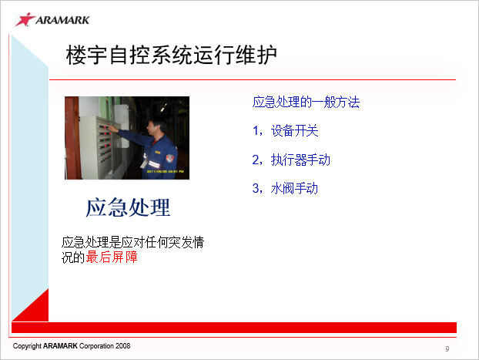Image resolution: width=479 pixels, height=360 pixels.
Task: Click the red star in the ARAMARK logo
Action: [25, 19]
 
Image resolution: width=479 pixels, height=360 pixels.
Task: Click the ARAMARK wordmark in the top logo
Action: [62, 20]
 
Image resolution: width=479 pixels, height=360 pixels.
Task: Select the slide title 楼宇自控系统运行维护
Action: [172, 55]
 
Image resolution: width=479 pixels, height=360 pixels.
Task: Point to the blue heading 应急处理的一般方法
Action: [306, 103]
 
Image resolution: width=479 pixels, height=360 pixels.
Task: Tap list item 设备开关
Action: [294, 131]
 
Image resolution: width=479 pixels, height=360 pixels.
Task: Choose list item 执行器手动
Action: [300, 160]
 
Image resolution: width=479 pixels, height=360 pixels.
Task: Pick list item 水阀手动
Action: [294, 188]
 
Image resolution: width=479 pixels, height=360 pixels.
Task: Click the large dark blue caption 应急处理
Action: [128, 207]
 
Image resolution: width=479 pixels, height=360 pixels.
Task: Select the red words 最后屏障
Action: [112, 257]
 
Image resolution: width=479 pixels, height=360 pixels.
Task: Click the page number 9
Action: [447, 348]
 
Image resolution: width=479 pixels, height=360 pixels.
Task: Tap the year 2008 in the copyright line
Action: [122, 346]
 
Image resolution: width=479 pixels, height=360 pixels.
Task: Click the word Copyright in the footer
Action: [27, 346]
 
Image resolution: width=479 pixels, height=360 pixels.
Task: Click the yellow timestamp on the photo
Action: [165, 172]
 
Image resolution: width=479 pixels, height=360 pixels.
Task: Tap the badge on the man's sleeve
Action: [170, 158]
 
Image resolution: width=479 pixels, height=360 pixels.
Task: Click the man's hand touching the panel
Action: [112, 129]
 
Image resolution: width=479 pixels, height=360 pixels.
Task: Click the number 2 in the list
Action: [256, 160]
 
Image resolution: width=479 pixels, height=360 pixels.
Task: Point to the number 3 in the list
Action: [256, 188]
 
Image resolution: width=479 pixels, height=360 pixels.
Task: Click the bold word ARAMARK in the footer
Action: [60, 346]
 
